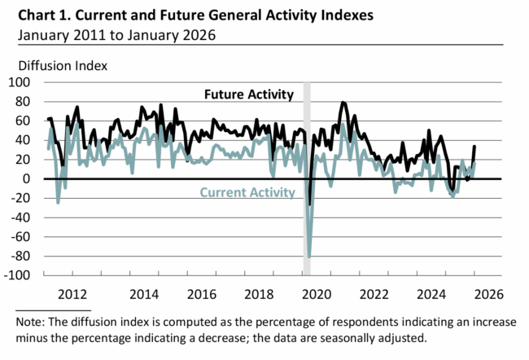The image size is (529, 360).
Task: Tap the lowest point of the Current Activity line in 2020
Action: click(309, 257)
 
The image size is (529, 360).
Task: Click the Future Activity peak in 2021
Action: click(343, 103)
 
